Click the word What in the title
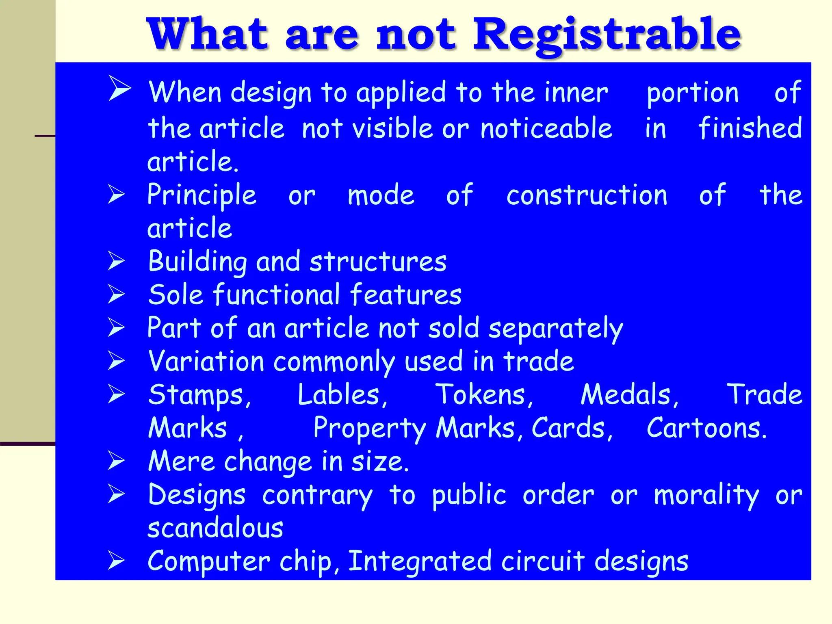[207, 34]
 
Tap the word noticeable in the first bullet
[546, 128]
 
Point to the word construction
[587, 195]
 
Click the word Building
[197, 262]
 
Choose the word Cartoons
[706, 428]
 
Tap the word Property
[370, 429]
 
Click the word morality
[706, 496]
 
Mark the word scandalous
[215, 528]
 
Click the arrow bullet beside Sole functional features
[117, 294]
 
